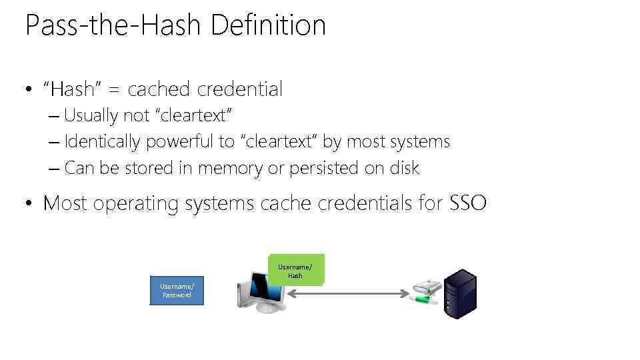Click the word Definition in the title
tap(268, 26)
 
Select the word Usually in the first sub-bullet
tap(91, 115)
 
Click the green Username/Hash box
tap(295, 271)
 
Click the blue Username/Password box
tap(177, 290)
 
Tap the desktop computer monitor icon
tap(262, 291)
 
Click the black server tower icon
tap(461, 293)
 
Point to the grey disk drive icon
tap(425, 287)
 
